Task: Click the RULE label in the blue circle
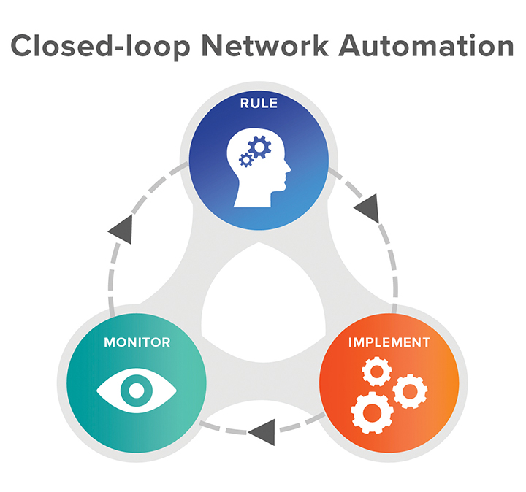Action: pos(259,103)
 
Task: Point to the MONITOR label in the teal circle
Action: pos(137,342)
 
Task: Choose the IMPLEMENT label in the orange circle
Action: pos(389,342)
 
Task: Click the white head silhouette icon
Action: pos(259,169)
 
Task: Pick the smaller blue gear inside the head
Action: pos(246,159)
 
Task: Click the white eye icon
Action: pos(137,390)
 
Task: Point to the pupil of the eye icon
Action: pos(137,390)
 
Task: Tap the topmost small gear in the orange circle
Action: pos(376,374)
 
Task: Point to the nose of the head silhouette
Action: pos(288,170)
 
